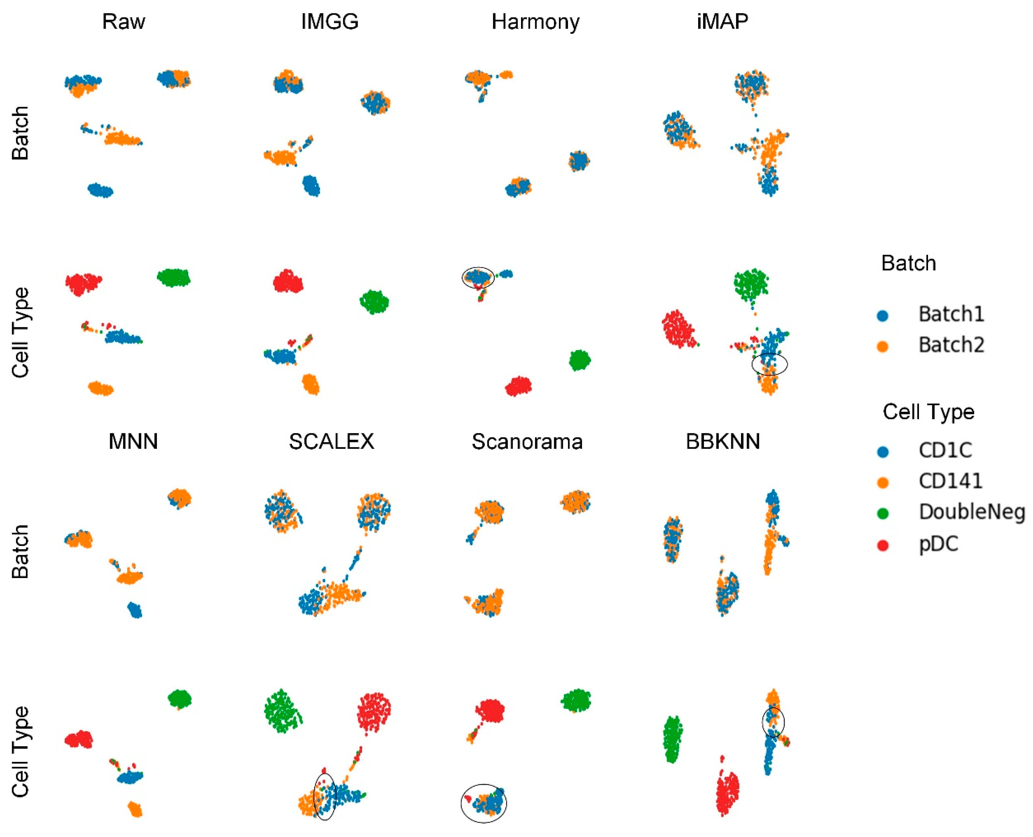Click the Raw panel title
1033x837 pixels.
click(123, 22)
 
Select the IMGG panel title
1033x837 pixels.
click(330, 22)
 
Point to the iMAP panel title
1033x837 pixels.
click(723, 22)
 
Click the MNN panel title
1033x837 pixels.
click(133, 442)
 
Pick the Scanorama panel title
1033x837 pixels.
click(527, 442)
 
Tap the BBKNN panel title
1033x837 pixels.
click(723, 442)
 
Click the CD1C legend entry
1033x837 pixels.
click(945, 450)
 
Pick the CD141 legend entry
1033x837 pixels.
click(950, 481)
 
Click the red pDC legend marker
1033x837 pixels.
click(882, 545)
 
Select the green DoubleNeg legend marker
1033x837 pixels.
click(882, 513)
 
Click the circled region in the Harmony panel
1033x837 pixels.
click(478, 278)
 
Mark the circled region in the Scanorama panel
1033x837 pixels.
click(484, 803)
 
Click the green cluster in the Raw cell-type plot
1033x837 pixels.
click(173, 278)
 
